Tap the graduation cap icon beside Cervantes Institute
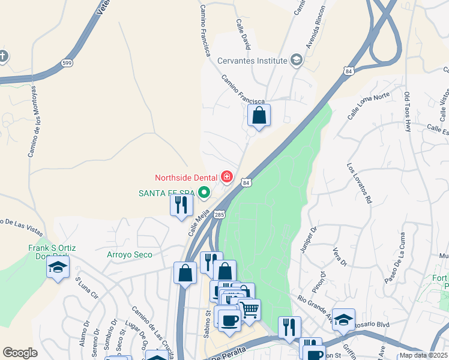point(296,60)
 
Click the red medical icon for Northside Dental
point(227,176)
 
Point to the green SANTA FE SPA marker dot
point(204,193)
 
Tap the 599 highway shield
point(66,63)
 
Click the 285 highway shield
point(219,214)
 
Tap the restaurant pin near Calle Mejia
point(181,205)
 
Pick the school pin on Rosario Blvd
point(343,319)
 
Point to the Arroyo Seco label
point(130,254)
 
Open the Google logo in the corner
point(20,353)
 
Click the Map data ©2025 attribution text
point(423,355)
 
